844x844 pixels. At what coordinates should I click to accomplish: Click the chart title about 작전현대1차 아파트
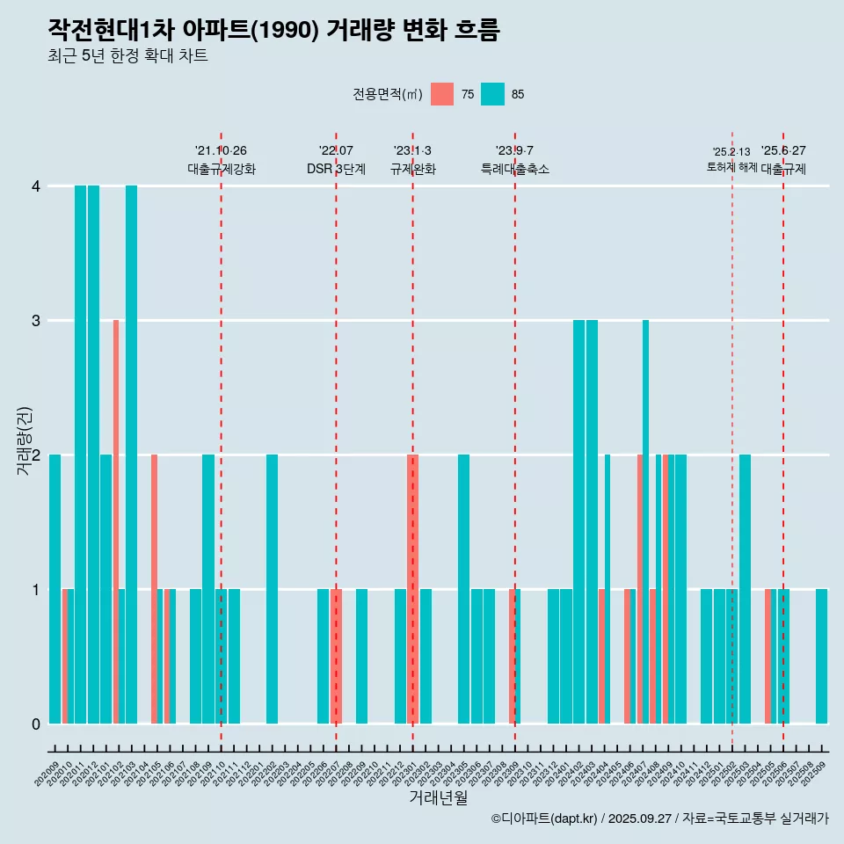coord(273,31)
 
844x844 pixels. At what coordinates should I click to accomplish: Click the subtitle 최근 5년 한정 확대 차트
coord(127,57)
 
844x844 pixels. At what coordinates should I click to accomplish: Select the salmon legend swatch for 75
coord(442,94)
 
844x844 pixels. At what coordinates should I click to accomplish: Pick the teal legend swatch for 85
coord(493,94)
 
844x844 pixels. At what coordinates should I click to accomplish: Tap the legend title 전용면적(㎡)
coord(388,95)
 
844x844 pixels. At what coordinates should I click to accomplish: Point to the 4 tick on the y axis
coord(36,186)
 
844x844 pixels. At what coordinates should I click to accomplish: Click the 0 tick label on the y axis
coord(36,724)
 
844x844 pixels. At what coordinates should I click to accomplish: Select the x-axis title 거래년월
coord(438,797)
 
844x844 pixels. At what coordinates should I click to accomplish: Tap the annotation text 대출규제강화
coord(222,170)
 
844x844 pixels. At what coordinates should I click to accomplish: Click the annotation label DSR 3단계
coord(336,170)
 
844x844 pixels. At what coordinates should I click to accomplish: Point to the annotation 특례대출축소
coord(515,170)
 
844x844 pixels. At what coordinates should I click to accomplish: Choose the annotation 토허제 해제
coord(731,167)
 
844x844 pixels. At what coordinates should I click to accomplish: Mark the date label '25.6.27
coord(783,151)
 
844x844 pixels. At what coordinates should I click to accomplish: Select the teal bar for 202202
coord(273,589)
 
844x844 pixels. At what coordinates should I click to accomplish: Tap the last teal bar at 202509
coord(821,657)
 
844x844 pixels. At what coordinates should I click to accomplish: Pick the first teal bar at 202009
coord(55,589)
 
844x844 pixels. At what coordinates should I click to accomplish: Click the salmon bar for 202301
coord(412,589)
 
